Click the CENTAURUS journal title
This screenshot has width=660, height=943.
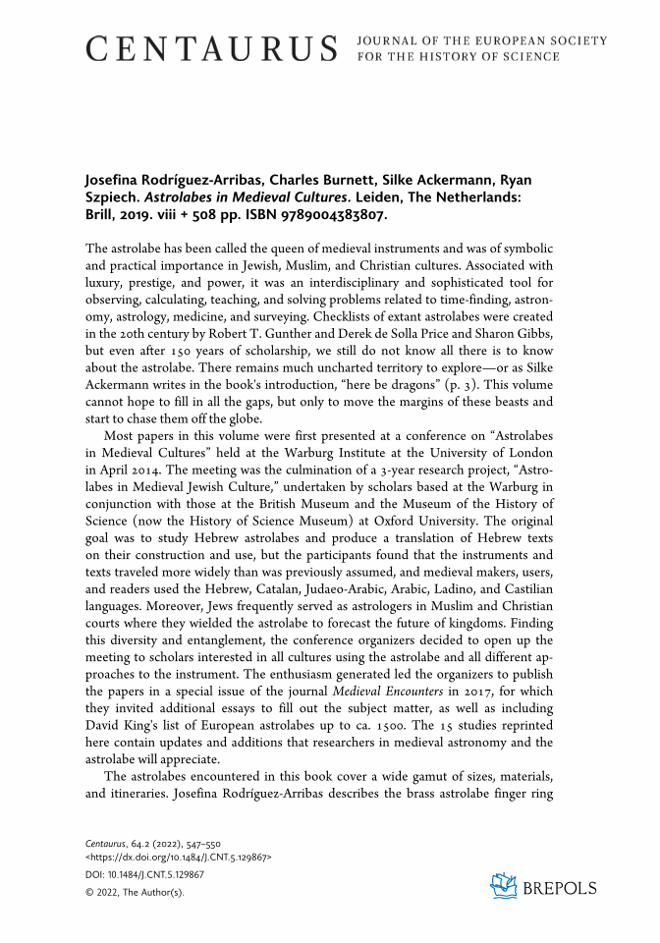click(x=212, y=47)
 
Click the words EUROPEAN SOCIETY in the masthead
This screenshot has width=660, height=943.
click(x=551, y=40)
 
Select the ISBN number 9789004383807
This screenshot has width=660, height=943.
click(x=333, y=213)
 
